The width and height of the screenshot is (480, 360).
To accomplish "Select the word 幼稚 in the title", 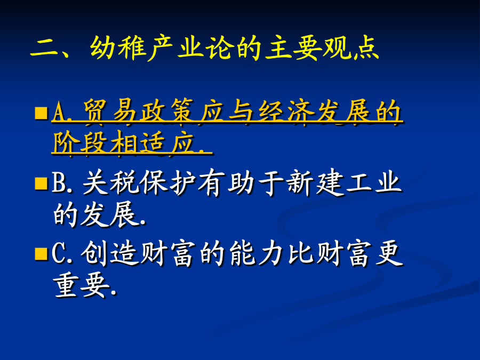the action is tap(117, 49).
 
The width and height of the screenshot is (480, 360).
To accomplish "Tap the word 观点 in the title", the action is tap(351, 49).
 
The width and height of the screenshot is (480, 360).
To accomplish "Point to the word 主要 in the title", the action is tap(293, 49).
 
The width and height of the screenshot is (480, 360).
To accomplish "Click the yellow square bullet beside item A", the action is tap(41, 113).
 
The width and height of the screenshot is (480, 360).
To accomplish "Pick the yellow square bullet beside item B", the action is tap(41, 183).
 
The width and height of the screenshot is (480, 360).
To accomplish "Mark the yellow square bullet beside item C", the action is tap(41, 254).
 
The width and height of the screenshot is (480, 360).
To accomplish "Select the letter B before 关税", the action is tap(59, 183).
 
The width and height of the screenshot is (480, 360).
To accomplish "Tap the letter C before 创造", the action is tap(59, 253).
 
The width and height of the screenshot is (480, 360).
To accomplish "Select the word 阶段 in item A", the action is tap(80, 143).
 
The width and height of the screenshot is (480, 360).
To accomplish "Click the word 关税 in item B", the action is tap(111, 183).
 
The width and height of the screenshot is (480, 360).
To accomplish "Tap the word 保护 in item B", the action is tap(168, 183).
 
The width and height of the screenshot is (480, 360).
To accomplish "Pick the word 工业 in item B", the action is tap(374, 183).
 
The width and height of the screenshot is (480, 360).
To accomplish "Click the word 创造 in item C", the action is tap(109, 253).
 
